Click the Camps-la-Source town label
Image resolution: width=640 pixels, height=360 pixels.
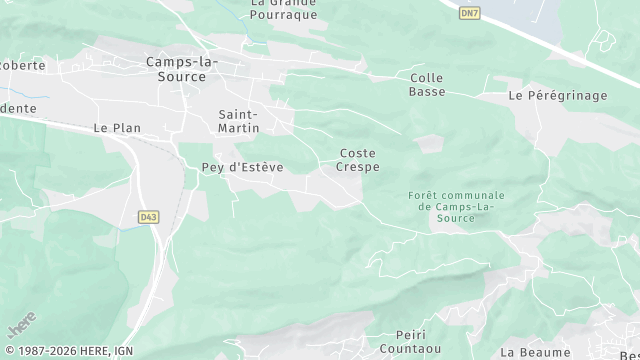[x=181, y=70]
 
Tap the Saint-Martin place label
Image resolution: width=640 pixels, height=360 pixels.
[x=240, y=121]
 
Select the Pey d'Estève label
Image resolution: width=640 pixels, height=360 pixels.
[x=242, y=167]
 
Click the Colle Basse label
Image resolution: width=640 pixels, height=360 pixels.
[x=427, y=84]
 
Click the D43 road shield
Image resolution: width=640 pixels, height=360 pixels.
[x=149, y=216]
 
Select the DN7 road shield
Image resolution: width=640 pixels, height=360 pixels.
[x=469, y=12]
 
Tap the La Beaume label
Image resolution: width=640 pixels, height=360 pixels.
[x=535, y=352]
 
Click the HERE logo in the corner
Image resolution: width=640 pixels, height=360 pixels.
[x=22, y=326]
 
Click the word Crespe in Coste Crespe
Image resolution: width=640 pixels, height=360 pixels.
[x=359, y=167]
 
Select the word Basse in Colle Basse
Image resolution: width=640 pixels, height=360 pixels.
[x=427, y=92]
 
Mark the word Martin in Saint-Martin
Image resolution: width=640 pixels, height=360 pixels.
[x=240, y=128]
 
